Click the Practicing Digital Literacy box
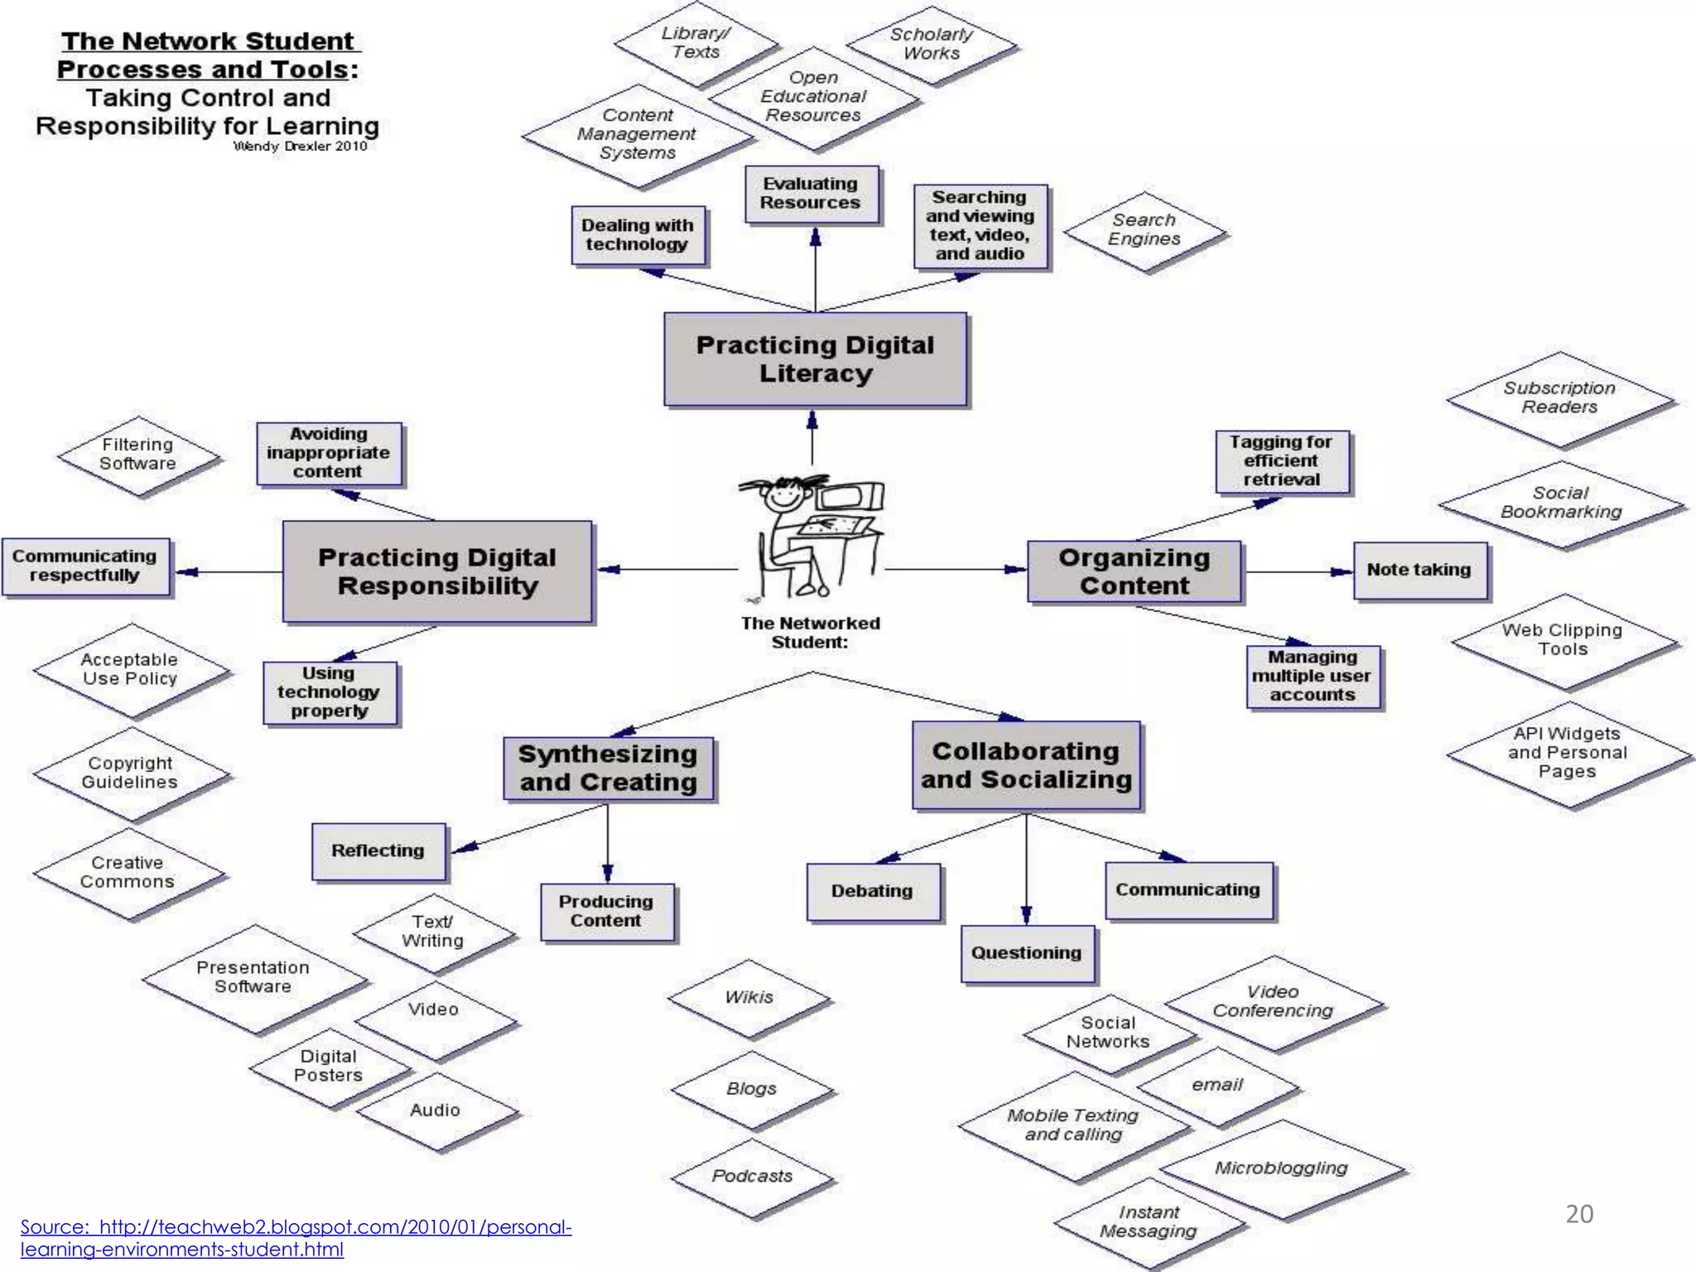click(815, 359)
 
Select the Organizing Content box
click(1134, 571)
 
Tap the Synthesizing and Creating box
click(608, 768)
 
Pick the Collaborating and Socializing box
click(1026, 764)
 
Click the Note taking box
click(1419, 570)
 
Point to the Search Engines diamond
click(1144, 230)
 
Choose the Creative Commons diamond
click(128, 873)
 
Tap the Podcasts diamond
click(752, 1176)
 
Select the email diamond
click(1217, 1085)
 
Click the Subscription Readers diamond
click(1559, 397)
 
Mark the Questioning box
click(1027, 953)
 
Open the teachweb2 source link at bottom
click(296, 1237)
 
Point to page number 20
click(1579, 1214)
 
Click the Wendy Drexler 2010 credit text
click(300, 147)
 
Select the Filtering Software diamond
click(137, 455)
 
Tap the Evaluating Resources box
click(811, 194)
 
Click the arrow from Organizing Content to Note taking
click(1298, 571)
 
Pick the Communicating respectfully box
click(85, 566)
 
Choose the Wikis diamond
click(749, 998)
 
